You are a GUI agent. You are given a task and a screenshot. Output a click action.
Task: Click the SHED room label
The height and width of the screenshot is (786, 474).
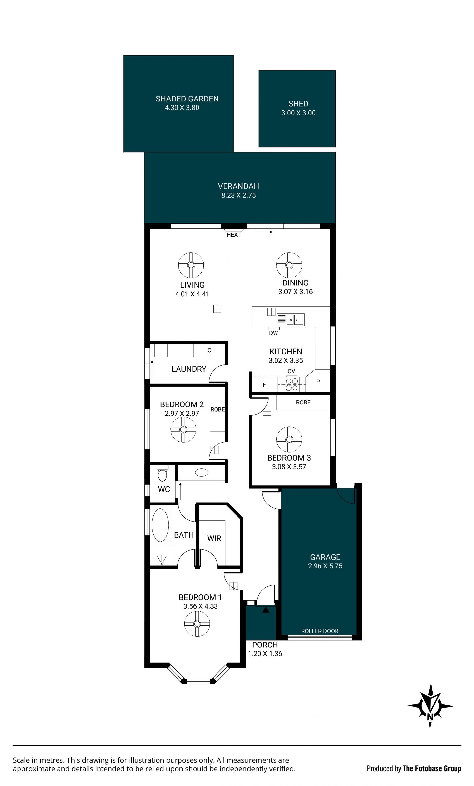click(298, 104)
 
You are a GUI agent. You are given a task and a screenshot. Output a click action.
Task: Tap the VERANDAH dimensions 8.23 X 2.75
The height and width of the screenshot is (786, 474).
click(238, 195)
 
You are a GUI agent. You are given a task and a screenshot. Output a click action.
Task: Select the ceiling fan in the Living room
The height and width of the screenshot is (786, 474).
click(191, 265)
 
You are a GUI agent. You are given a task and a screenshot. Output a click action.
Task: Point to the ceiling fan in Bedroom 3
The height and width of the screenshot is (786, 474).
click(289, 440)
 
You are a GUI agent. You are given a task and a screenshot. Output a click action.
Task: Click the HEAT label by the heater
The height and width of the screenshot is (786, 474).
click(234, 235)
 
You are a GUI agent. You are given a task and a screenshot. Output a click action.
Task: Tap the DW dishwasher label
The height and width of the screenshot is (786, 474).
click(273, 333)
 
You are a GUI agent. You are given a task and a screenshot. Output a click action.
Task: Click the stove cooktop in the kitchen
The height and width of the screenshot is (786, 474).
click(292, 384)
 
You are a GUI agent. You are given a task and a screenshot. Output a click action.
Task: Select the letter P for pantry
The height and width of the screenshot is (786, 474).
click(318, 382)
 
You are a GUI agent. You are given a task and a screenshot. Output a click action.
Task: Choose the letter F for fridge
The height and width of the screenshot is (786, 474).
click(264, 385)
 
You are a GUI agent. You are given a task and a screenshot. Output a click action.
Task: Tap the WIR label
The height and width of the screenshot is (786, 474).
click(214, 539)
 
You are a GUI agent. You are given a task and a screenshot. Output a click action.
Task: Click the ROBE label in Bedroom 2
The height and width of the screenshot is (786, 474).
click(217, 410)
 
